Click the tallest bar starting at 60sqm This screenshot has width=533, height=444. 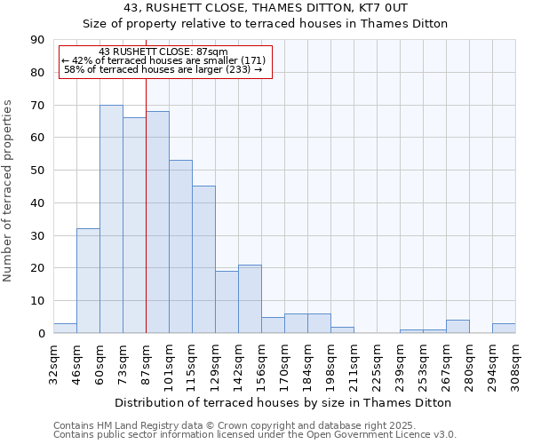tap(111, 219)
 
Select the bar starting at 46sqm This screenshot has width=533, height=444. tap(88, 281)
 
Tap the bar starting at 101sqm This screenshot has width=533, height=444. tap(180, 247)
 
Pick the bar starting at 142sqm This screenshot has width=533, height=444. tap(250, 298)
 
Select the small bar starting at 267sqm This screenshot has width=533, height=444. tap(457, 327)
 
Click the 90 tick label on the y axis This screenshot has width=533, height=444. tap(37, 40)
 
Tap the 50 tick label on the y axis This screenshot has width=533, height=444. tap(37, 170)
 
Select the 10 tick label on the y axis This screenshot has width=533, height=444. tap(37, 301)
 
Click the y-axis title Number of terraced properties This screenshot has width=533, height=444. tap(8, 191)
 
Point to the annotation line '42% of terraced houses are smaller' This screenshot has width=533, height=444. tap(163, 60)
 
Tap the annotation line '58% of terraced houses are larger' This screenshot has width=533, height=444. tap(163, 69)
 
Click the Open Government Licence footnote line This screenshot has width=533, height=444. tap(255, 435)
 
